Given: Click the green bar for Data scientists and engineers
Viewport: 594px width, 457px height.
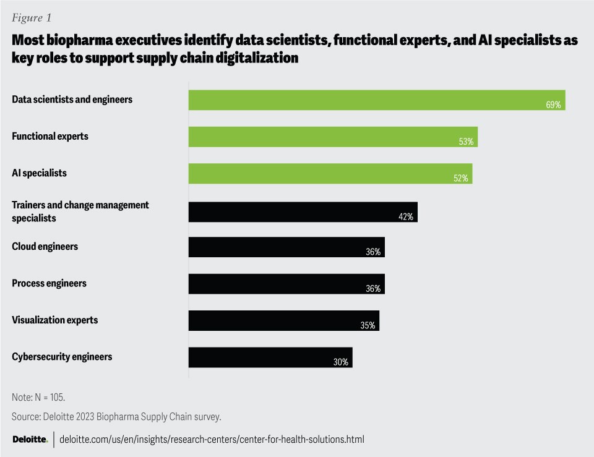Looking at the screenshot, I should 376,100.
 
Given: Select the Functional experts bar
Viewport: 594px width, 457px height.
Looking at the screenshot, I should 333,137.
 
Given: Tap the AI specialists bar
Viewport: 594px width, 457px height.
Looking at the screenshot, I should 330,173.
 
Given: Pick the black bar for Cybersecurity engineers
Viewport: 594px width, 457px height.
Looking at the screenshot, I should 270,357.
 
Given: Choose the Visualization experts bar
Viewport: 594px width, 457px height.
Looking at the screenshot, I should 283,320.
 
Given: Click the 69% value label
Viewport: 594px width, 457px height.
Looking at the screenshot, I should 553,105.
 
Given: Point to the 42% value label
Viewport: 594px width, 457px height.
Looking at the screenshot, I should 405,217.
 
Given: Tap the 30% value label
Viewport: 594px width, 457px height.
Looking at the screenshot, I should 340,362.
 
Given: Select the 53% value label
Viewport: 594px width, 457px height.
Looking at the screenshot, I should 466,142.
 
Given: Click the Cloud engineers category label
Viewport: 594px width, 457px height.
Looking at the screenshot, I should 45,246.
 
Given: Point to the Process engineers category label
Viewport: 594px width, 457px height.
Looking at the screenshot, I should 49,283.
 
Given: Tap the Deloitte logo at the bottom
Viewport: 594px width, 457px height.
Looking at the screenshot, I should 30,439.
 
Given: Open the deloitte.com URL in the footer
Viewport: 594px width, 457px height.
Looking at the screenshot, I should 212,439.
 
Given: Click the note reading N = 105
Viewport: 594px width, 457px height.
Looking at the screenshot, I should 38,396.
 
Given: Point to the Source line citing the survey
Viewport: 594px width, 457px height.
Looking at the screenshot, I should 116,417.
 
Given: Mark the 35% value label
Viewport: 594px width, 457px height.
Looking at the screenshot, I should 368,325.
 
